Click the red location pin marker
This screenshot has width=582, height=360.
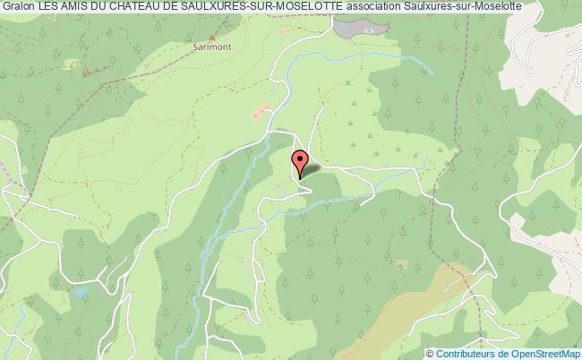[299, 162]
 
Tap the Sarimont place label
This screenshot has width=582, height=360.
[209, 50]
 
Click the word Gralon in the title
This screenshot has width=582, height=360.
[18, 7]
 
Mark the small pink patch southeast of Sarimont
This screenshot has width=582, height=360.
[261, 113]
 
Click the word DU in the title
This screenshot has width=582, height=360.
[94, 7]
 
